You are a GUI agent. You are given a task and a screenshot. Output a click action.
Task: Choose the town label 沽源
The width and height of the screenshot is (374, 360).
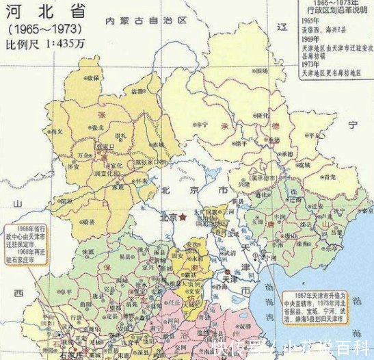pyautogui.click(x=138, y=91)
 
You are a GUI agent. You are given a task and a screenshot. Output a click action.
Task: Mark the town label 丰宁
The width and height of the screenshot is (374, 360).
pyautogui.click(x=200, y=125)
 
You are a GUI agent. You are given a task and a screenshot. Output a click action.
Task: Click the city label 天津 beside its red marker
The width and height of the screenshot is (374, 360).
pyautogui.click(x=230, y=280)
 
